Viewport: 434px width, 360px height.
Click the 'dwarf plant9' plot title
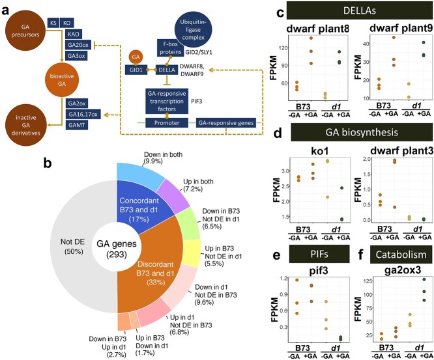tap(398, 31)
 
